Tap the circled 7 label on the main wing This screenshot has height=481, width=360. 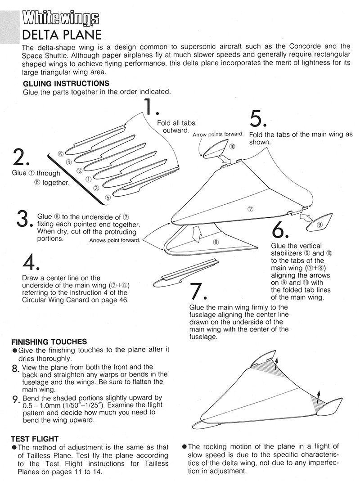click(251, 208)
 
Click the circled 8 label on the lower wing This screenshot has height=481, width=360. click(216, 243)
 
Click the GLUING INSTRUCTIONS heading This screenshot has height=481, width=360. click(66, 84)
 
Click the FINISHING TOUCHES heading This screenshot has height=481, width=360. click(49, 342)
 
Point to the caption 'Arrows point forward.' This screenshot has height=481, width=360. click(114, 240)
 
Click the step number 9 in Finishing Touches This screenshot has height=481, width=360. click(15, 398)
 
